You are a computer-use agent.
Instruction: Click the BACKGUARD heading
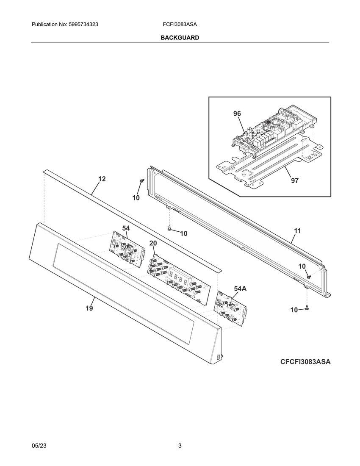180,38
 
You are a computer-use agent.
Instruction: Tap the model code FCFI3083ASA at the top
180,25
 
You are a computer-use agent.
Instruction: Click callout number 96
237,114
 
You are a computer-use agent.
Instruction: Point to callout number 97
295,180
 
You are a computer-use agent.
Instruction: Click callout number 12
102,179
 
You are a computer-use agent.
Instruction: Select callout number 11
297,230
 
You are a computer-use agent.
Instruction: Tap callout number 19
89,308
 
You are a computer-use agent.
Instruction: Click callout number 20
153,243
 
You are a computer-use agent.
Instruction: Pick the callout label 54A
240,288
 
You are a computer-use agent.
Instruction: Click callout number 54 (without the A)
126,228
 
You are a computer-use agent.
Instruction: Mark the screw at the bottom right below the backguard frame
307,308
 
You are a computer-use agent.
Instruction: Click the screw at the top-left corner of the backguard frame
142,181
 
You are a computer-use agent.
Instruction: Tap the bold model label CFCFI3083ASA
305,362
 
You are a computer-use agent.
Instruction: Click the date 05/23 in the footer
39,446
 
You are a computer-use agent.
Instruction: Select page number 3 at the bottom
180,446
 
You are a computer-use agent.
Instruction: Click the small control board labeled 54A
230,310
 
